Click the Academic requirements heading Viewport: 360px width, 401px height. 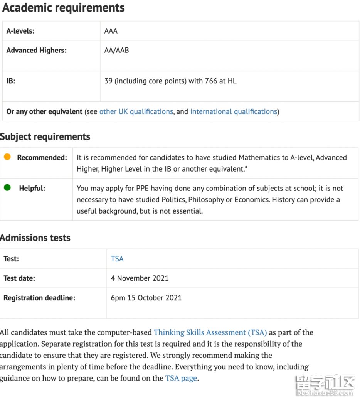pyautogui.click(x=64, y=8)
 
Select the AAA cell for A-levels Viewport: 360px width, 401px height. pyautogui.click(x=111, y=31)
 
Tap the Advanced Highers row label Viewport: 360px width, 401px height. pyautogui.click(x=36, y=50)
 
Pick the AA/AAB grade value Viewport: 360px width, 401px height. pyautogui.click(x=116, y=50)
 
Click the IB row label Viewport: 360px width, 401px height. pyautogui.click(x=11, y=81)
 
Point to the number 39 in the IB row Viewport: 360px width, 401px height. pyautogui.click(x=108, y=81)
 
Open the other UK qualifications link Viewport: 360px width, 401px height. pyautogui.click(x=136, y=111)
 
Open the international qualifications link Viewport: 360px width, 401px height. pyautogui.click(x=234, y=111)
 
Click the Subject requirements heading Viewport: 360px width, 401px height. pyautogui.click(x=45, y=137)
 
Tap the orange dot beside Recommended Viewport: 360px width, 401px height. pyautogui.click(x=7, y=157)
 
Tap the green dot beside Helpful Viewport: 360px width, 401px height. pyautogui.click(x=7, y=188)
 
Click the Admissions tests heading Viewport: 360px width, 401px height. pyautogui.click(x=35, y=238)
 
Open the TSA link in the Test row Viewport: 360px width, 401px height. pyautogui.click(x=117, y=259)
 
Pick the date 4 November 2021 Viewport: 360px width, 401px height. pyautogui.click(x=140, y=278)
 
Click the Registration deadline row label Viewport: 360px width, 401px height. pyautogui.click(x=39, y=298)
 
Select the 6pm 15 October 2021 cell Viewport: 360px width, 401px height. pyautogui.click(x=146, y=298)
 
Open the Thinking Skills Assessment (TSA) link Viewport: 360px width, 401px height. pyautogui.click(x=210, y=332)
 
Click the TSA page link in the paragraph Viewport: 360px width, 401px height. pyautogui.click(x=181, y=378)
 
